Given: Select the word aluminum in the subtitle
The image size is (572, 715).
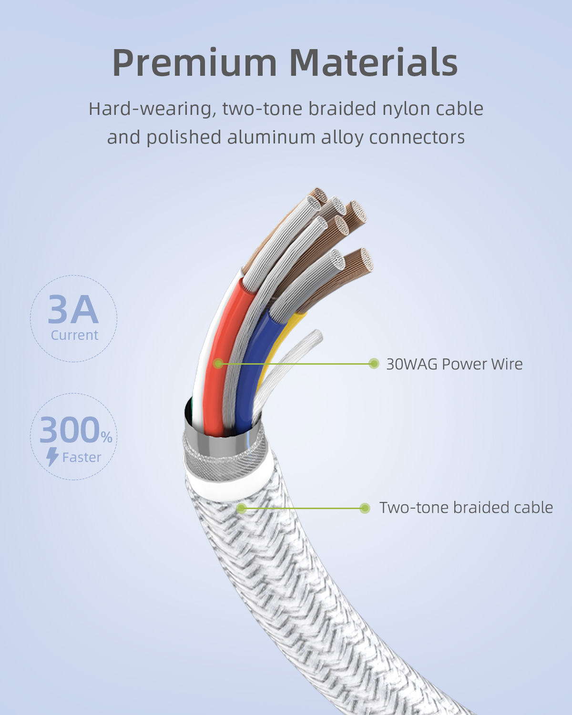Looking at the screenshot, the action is (x=271, y=138).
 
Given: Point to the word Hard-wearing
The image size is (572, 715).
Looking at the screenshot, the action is (x=153, y=110).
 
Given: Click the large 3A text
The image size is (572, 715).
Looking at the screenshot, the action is (x=73, y=310).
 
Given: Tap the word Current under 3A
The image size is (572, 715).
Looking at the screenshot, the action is (x=74, y=335).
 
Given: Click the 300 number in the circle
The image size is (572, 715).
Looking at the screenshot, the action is (x=70, y=430).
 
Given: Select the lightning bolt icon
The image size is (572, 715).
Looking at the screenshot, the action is (x=52, y=457).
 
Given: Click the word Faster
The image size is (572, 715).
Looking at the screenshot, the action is (x=82, y=458).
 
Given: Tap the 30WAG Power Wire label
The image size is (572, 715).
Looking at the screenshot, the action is (x=454, y=364).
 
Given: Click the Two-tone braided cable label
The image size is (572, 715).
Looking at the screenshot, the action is (x=466, y=508).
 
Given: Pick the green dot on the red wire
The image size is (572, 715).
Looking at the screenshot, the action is (x=218, y=364).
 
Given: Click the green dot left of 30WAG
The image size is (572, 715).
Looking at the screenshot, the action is (x=374, y=364).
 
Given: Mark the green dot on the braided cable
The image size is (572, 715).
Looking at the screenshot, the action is (x=241, y=508).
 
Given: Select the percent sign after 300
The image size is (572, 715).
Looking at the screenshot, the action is (x=107, y=437).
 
